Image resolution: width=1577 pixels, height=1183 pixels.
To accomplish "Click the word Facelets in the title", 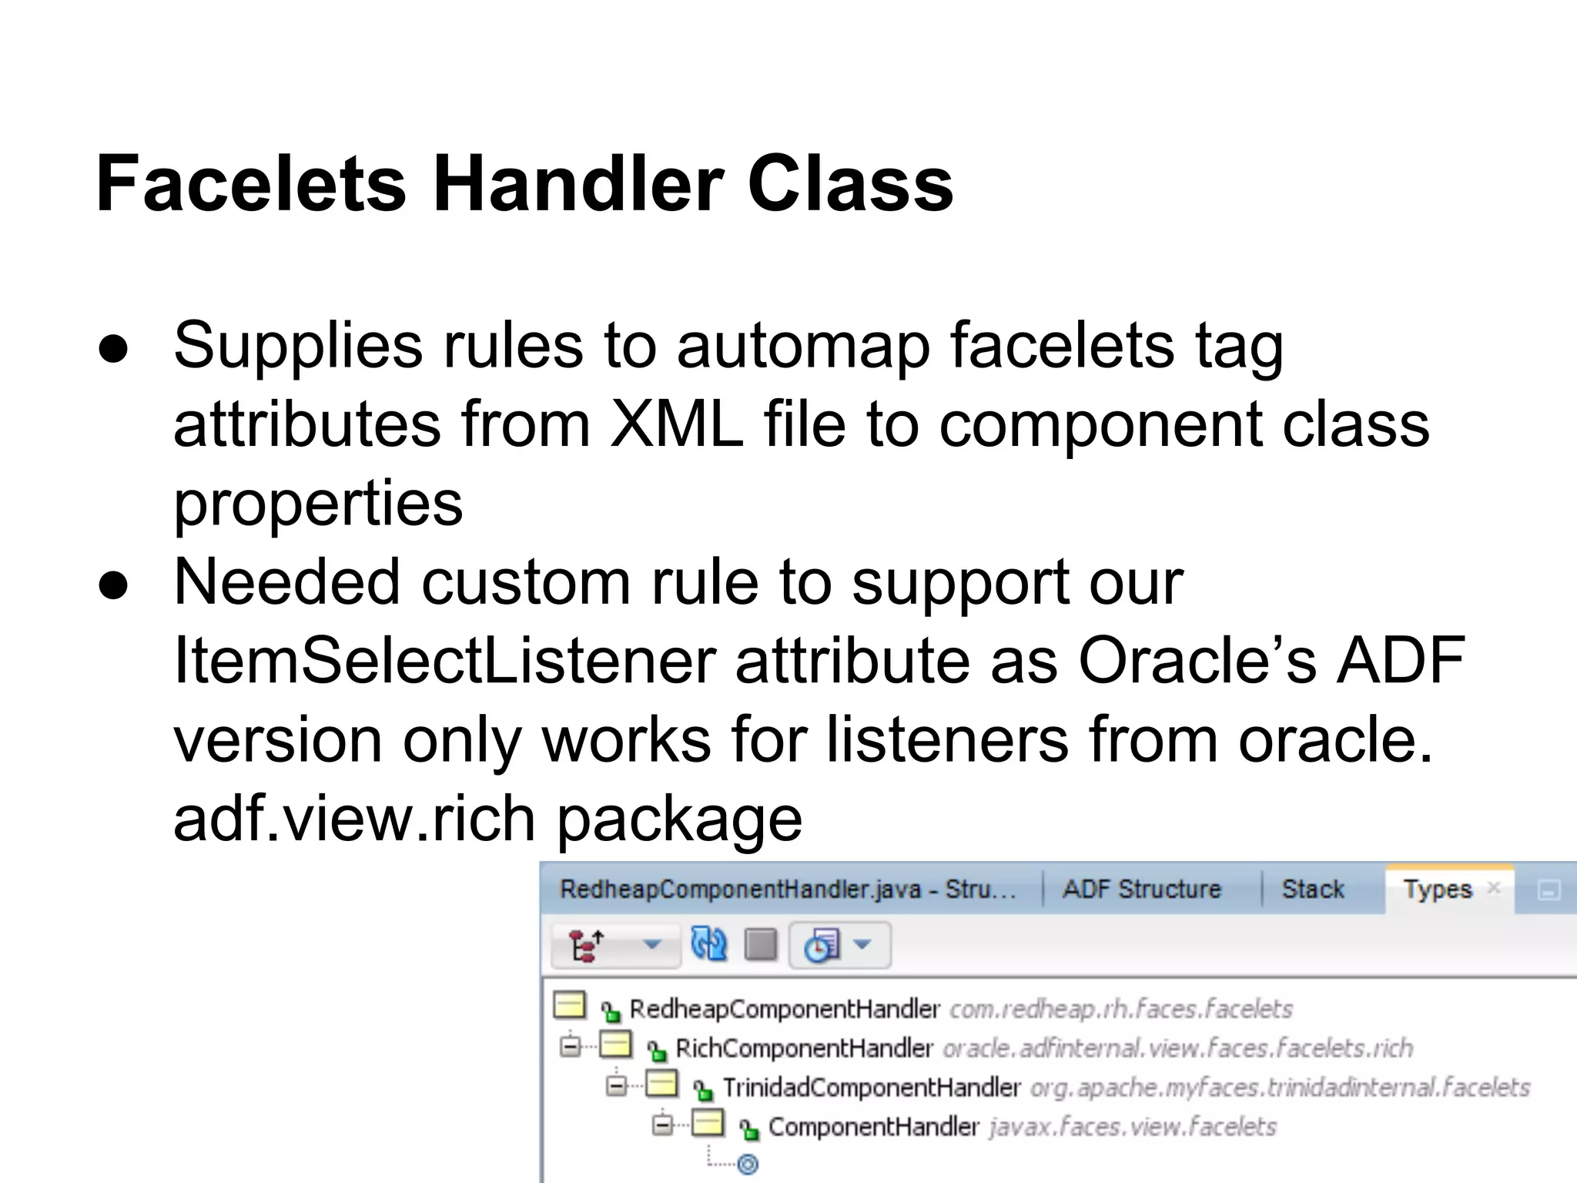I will pyautogui.click(x=250, y=184).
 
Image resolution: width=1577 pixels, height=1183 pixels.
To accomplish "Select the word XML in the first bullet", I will pyautogui.click(x=675, y=424).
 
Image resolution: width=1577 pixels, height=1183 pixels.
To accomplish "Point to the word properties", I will pyautogui.click(x=318, y=504).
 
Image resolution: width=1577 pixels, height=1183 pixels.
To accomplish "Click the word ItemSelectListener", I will pyautogui.click(x=444, y=660).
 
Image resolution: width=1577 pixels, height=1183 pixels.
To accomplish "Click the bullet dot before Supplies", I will pyautogui.click(x=113, y=347).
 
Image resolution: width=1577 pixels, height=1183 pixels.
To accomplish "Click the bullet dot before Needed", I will pyautogui.click(x=113, y=584).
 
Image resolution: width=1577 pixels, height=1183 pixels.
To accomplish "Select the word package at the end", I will pyautogui.click(x=679, y=819).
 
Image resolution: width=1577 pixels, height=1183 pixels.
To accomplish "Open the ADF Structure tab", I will pyautogui.click(x=1141, y=889).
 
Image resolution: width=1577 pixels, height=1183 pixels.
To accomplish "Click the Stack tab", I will pyautogui.click(x=1312, y=889).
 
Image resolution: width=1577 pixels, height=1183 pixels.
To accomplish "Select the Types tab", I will pyautogui.click(x=1436, y=889).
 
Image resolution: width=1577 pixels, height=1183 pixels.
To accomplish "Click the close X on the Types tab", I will pyautogui.click(x=1494, y=887).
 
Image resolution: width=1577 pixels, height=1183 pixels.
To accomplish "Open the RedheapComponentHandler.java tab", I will pyautogui.click(x=787, y=889).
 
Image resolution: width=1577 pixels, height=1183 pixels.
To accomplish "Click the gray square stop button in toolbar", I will pyautogui.click(x=761, y=944).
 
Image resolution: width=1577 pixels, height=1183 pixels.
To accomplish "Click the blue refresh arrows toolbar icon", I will pyautogui.click(x=708, y=943).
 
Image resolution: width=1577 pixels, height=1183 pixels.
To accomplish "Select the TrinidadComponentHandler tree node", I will pyautogui.click(x=871, y=1087).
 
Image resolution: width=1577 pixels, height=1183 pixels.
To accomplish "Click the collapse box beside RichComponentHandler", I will pyautogui.click(x=570, y=1047).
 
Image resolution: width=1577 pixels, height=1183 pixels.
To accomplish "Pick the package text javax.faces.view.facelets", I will pyautogui.click(x=1133, y=1127).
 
